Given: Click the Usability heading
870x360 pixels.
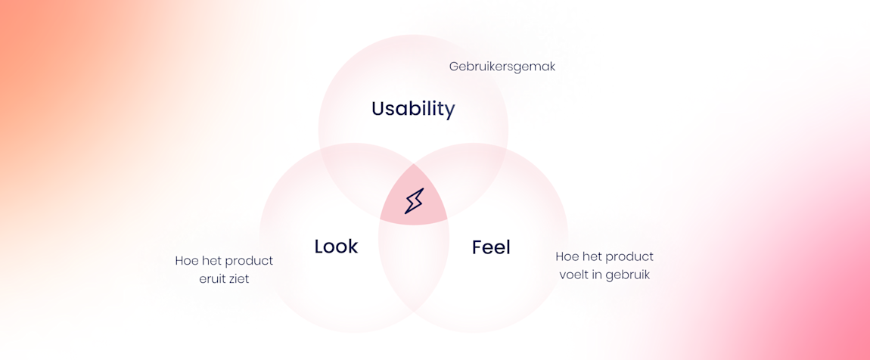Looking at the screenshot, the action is (413, 109).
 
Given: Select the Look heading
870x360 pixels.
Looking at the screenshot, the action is (336, 247).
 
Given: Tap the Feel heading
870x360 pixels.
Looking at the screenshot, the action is (491, 247).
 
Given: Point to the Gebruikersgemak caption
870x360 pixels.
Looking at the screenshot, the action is (502, 67).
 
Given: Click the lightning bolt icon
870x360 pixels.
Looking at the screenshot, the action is (414, 200).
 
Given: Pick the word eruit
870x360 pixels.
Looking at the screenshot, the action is (212, 279).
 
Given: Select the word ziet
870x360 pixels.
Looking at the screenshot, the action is (239, 279).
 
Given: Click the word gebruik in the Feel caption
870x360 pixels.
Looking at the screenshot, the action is (628, 275).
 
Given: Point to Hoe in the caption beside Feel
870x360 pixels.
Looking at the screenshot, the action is (565, 257).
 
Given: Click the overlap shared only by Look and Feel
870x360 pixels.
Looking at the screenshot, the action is (414, 266).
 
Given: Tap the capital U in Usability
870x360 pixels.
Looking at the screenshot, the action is (379, 109).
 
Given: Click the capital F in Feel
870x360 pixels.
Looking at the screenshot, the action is (477, 247).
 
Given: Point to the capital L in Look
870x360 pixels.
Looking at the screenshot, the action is (319, 247).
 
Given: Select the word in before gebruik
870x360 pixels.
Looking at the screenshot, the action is (598, 275).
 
